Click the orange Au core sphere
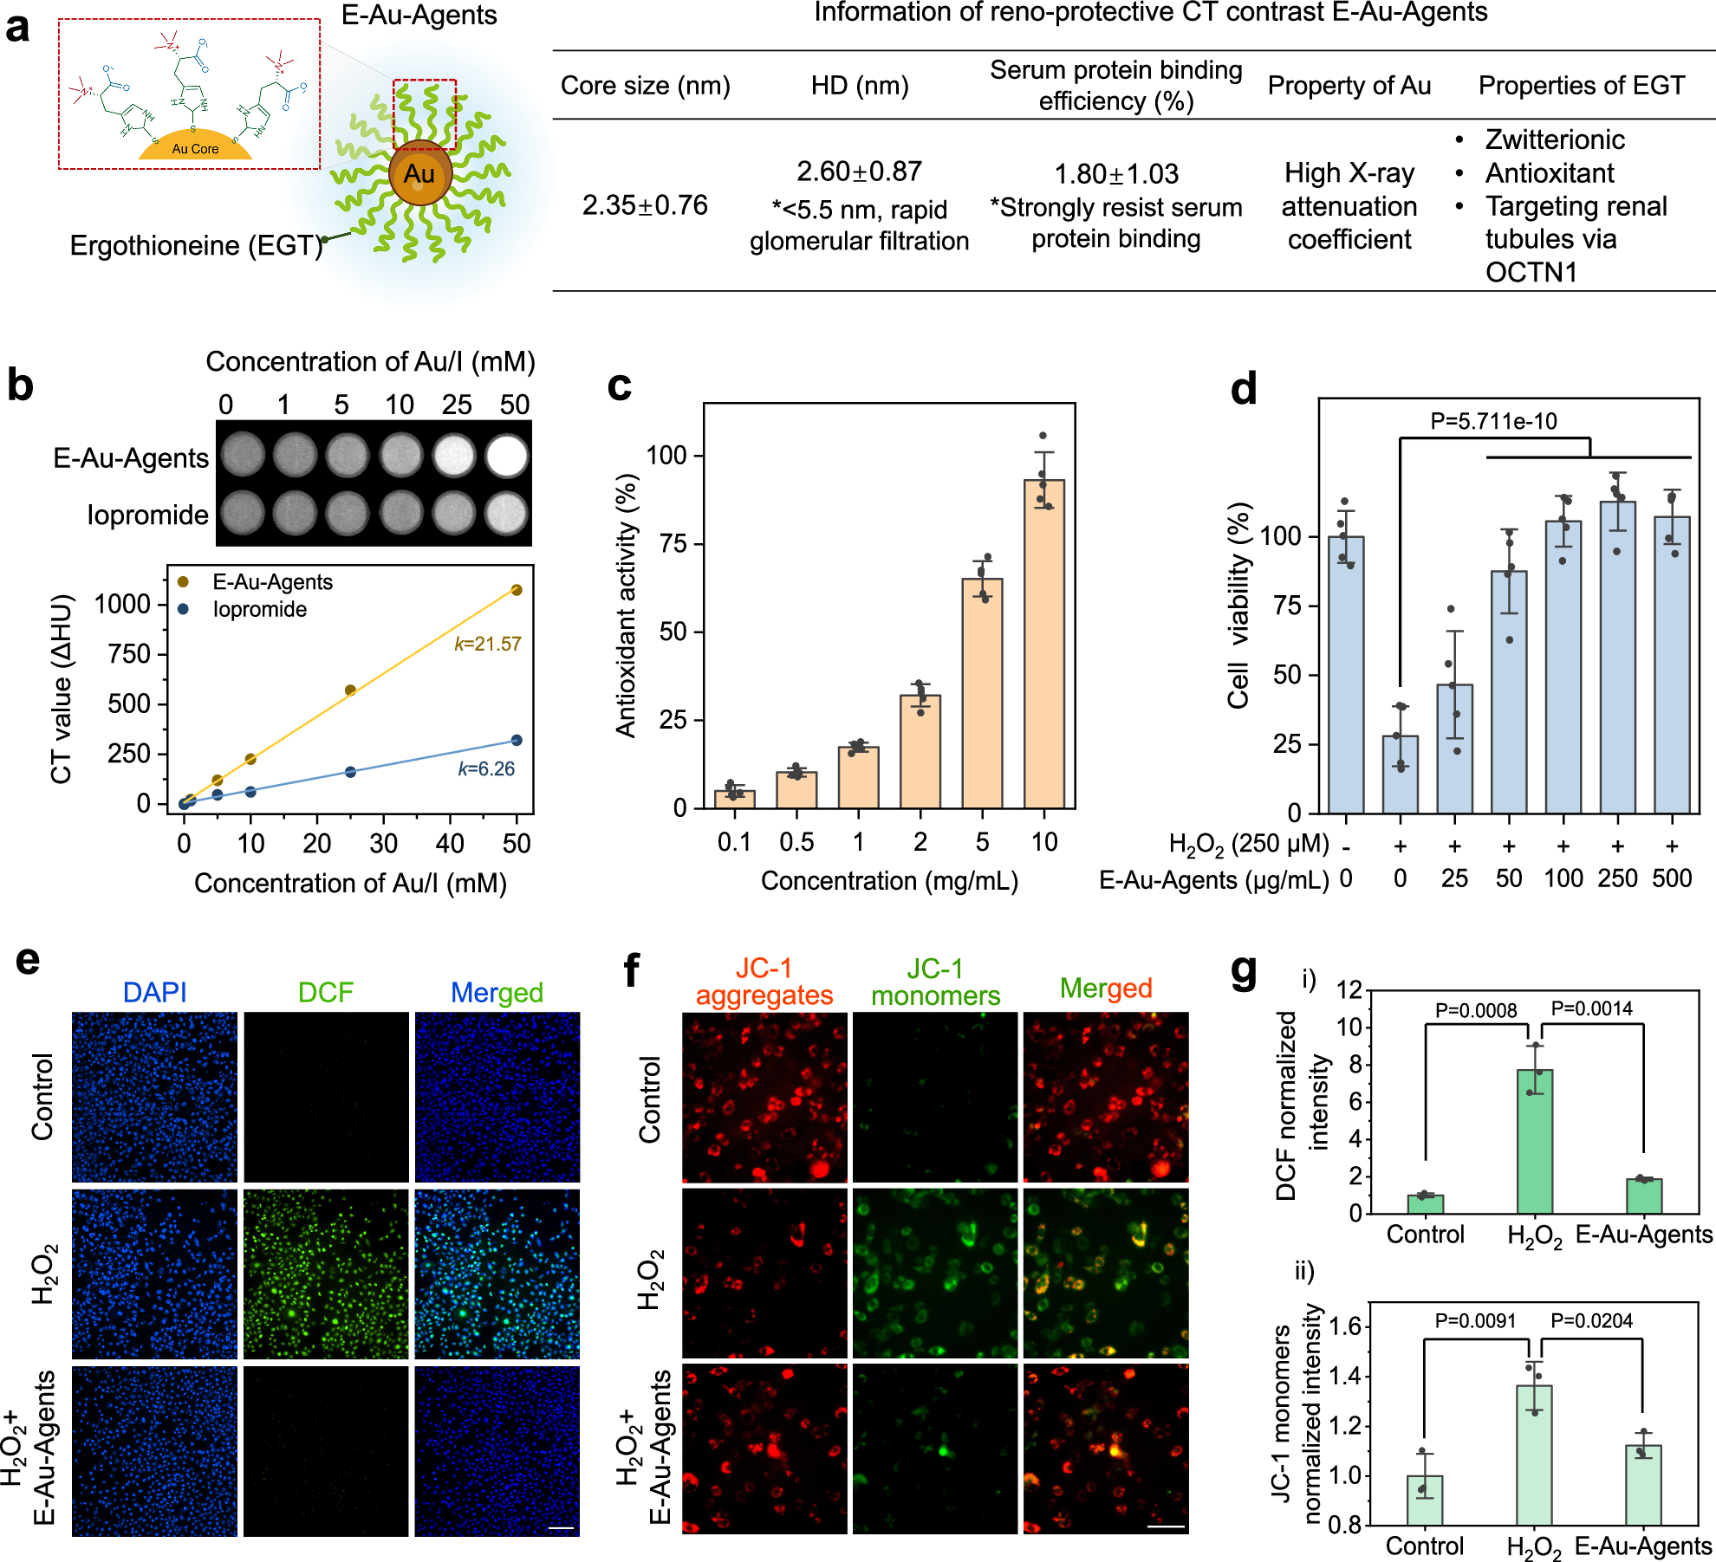pyautogui.click(x=420, y=174)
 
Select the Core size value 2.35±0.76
pyautogui.click(x=645, y=205)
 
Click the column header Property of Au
pyautogui.click(x=1349, y=86)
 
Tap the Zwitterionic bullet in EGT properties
pyautogui.click(x=1554, y=139)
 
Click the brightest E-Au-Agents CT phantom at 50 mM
pyautogui.click(x=507, y=456)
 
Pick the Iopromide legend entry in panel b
pyautogui.click(x=259, y=609)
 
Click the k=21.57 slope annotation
pyautogui.click(x=487, y=644)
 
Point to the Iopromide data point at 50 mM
pyautogui.click(x=517, y=740)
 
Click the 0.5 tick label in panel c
pyautogui.click(x=796, y=841)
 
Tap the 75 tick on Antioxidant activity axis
pyautogui.click(x=672, y=544)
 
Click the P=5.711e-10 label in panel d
pyautogui.click(x=1493, y=422)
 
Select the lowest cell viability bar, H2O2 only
pyautogui.click(x=1400, y=774)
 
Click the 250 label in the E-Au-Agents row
pyautogui.click(x=1617, y=878)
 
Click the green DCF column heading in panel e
pyautogui.click(x=325, y=992)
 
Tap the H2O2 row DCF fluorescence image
pyautogui.click(x=326, y=1273)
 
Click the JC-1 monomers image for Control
pyautogui.click(x=934, y=1097)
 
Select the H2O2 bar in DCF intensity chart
pyautogui.click(x=1534, y=1141)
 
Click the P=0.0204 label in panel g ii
pyautogui.click(x=1590, y=1320)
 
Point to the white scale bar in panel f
pyautogui.click(x=1165, y=1526)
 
